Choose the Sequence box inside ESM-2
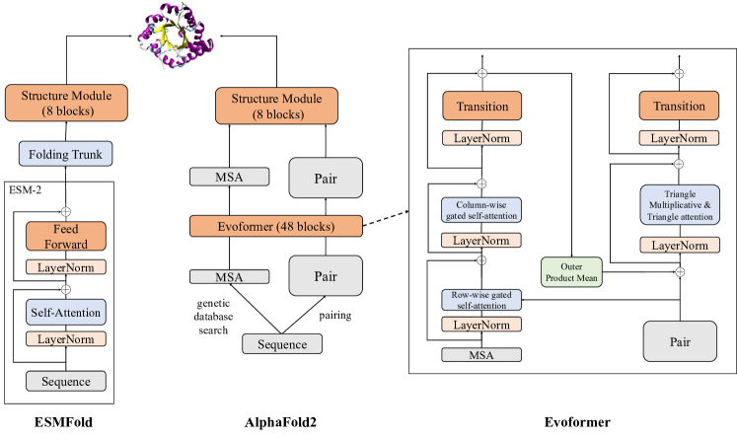65,381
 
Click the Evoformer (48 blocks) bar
276,225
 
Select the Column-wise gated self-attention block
480,209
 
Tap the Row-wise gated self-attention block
480,300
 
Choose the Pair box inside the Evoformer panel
678,342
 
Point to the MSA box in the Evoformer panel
480,354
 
